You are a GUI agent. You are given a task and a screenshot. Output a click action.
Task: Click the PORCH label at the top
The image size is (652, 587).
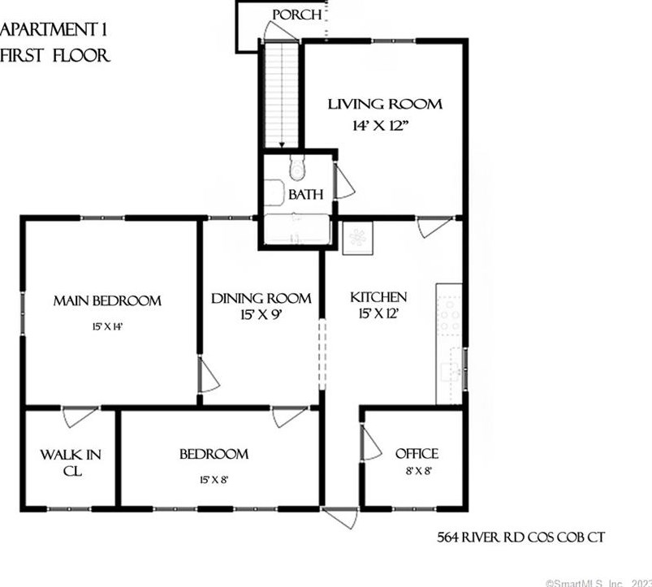tap(296, 15)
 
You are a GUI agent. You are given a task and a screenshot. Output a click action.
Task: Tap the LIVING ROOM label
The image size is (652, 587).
tap(384, 104)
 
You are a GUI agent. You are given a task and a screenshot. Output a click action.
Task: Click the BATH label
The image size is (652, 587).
tap(307, 195)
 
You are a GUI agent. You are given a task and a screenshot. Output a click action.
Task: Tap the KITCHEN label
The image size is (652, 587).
tap(378, 297)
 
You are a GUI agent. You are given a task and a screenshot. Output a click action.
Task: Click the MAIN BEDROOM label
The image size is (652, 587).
tap(107, 300)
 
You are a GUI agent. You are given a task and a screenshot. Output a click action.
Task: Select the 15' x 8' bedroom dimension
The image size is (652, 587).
tap(213, 479)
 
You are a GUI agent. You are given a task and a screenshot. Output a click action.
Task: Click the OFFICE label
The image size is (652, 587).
tap(417, 454)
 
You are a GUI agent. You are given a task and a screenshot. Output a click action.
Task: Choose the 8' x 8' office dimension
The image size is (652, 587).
tap(416, 469)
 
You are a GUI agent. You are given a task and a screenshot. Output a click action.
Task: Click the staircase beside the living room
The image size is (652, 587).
tap(281, 93)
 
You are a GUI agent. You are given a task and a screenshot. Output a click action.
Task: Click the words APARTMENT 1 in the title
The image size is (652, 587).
tap(54, 31)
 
